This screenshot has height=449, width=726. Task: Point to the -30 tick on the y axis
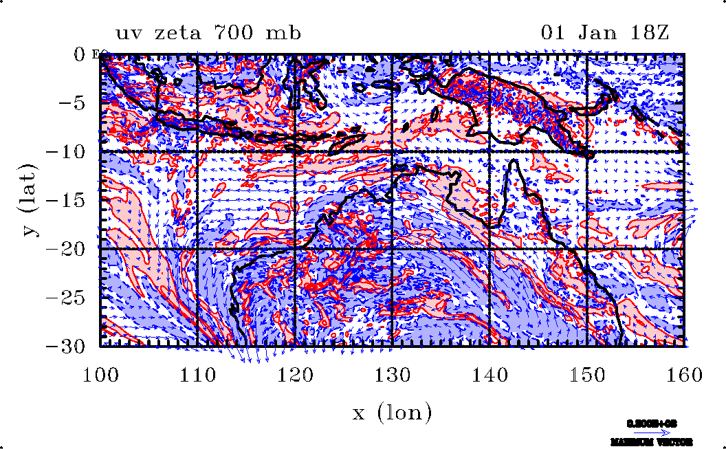(65, 346)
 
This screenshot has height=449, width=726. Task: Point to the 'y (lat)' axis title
(30, 199)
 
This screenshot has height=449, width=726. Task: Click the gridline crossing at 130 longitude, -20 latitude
(392, 248)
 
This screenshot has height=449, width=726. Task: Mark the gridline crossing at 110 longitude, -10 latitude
(198, 151)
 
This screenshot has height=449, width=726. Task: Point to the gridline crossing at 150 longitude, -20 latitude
(586, 248)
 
